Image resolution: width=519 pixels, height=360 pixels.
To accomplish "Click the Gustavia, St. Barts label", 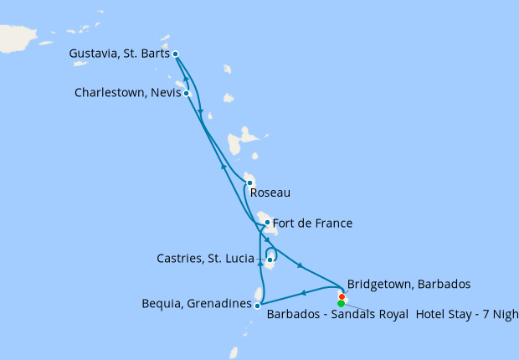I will point(120,54).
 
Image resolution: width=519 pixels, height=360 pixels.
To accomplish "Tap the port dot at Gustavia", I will point(175,54).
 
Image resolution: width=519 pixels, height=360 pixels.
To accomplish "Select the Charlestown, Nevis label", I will point(127,93).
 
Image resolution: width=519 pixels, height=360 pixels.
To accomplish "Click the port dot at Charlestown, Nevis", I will point(187,93).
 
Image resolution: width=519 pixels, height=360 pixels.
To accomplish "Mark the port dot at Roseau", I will point(249,183).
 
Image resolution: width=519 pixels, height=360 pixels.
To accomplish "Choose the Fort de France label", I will point(312,224).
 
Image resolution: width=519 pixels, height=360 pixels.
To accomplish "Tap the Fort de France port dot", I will point(267,223).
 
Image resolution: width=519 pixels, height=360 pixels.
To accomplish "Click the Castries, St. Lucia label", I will point(205,259).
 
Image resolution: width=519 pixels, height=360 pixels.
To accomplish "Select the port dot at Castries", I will point(270,260).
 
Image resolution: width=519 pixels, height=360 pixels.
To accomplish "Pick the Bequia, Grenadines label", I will point(197,305).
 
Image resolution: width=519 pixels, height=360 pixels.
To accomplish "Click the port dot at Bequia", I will point(257,306).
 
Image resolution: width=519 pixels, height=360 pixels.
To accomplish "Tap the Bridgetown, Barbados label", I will point(409,284).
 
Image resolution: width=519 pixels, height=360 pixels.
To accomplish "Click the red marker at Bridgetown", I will point(342,296).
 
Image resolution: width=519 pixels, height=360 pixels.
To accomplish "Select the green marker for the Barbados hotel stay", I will point(341,304).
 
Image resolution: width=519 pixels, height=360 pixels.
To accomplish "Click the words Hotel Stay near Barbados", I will point(444,316).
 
